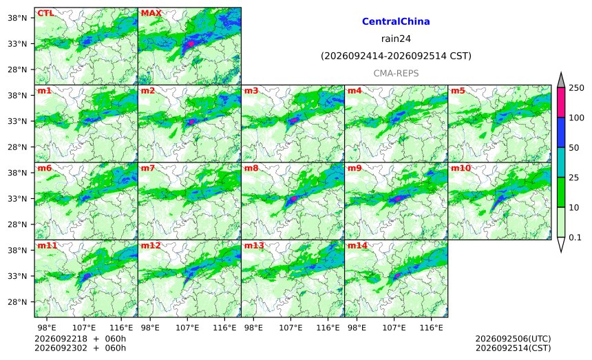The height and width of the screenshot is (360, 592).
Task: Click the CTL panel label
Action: point(45,13)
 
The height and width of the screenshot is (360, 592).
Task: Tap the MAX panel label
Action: point(151,13)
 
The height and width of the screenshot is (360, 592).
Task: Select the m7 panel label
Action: point(148,168)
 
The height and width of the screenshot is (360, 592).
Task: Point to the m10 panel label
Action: point(461,168)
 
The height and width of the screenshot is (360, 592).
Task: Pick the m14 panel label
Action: point(357,246)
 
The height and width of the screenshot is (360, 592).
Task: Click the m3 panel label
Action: point(251,91)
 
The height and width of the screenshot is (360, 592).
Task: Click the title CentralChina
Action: point(396,21)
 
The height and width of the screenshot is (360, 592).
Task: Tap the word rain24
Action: point(396,39)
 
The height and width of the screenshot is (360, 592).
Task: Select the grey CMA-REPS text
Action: point(396,73)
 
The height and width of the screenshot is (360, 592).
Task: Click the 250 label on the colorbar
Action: point(577,88)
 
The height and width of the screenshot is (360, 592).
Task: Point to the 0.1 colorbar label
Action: point(575,237)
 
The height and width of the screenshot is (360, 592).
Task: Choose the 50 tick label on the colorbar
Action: point(574,147)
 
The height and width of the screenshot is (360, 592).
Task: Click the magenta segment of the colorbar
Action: point(561,103)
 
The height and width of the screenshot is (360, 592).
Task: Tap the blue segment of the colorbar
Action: point(561,132)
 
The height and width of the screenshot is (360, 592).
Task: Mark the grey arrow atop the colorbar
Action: point(561,81)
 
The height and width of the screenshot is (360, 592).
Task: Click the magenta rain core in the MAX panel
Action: point(191,44)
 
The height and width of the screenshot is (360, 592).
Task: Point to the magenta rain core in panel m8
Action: point(293,198)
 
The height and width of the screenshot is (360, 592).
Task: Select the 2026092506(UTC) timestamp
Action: point(513,339)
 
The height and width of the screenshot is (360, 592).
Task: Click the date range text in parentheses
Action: point(396,56)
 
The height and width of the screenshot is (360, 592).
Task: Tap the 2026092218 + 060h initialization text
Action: point(80,339)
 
